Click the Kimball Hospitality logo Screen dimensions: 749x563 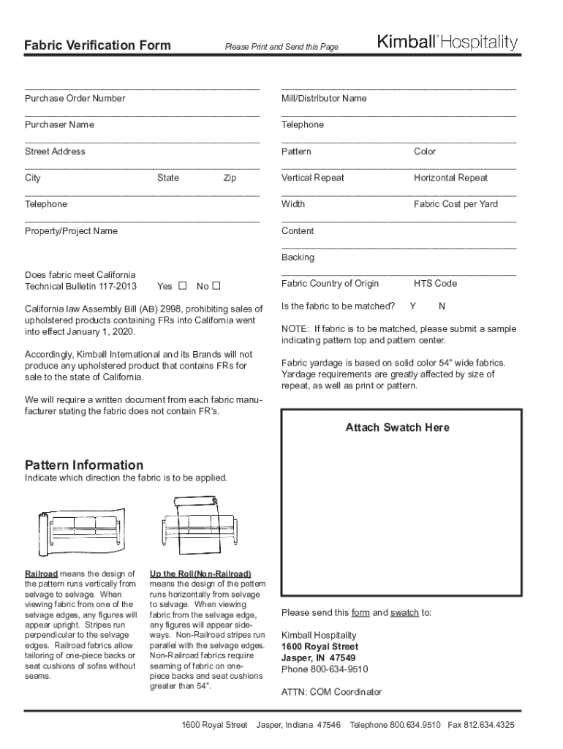click(447, 43)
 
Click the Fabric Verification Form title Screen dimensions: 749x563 click(97, 45)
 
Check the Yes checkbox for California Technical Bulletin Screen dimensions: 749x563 click(183, 286)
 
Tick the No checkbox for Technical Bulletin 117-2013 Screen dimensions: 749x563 click(216, 286)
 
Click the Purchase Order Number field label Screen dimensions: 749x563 click(75, 98)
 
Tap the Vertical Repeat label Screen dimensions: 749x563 click(312, 178)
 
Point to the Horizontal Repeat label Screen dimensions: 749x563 click(450, 178)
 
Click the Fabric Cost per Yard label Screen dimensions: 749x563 click(456, 204)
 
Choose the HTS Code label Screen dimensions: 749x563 click(435, 283)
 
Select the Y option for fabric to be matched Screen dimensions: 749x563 click(413, 306)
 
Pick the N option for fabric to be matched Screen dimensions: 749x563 click(442, 306)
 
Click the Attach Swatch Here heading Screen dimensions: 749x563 click(397, 427)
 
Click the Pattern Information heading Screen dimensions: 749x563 click(84, 465)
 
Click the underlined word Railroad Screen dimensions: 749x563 click(41, 573)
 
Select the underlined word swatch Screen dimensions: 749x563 click(404, 613)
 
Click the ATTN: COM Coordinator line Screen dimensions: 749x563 click(331, 692)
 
